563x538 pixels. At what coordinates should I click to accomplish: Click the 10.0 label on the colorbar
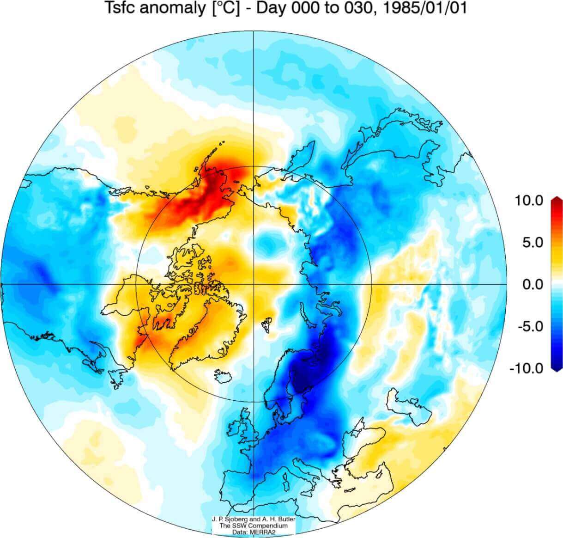click(x=529, y=201)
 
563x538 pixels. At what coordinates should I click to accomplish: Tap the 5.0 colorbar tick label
click(x=533, y=242)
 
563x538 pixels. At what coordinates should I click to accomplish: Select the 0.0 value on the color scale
click(x=533, y=284)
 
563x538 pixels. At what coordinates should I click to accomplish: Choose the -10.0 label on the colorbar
click(x=527, y=368)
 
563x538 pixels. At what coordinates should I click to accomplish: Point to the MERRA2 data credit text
click(x=254, y=532)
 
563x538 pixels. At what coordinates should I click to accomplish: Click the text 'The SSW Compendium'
click(x=254, y=526)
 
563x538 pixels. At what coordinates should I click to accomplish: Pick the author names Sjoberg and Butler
click(x=254, y=520)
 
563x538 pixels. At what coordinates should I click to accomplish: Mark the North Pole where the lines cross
click(x=254, y=284)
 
